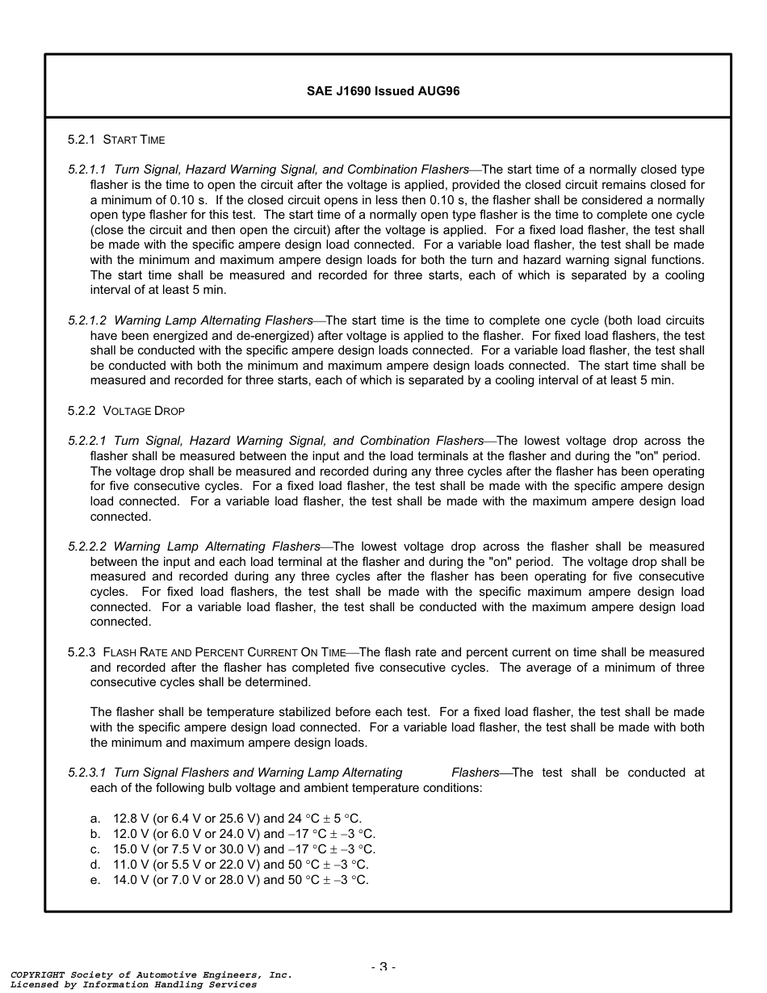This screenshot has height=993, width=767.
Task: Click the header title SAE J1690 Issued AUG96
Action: click(x=383, y=91)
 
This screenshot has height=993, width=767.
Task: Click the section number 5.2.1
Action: click(x=82, y=140)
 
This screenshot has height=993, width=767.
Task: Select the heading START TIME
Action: click(x=134, y=140)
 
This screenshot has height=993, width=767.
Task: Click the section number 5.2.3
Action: click(x=82, y=652)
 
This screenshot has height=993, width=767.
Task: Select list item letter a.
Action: click(x=95, y=819)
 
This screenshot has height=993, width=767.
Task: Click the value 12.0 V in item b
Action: click(x=130, y=834)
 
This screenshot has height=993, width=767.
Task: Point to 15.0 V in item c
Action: click(x=130, y=849)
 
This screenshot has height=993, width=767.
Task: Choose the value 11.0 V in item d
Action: click(x=130, y=865)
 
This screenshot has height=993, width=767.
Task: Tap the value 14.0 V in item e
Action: click(x=130, y=880)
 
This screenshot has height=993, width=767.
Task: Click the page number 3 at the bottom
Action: click(x=383, y=967)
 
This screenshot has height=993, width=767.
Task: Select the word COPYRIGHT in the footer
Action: click(x=37, y=975)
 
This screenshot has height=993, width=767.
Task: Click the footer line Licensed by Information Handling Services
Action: click(x=133, y=985)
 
